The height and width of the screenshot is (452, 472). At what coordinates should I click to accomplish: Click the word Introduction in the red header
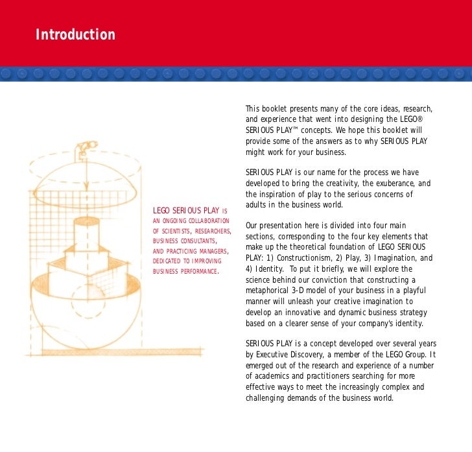(x=75, y=34)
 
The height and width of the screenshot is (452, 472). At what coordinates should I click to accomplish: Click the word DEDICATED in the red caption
(x=167, y=261)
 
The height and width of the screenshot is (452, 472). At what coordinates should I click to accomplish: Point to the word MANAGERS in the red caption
(x=209, y=251)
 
